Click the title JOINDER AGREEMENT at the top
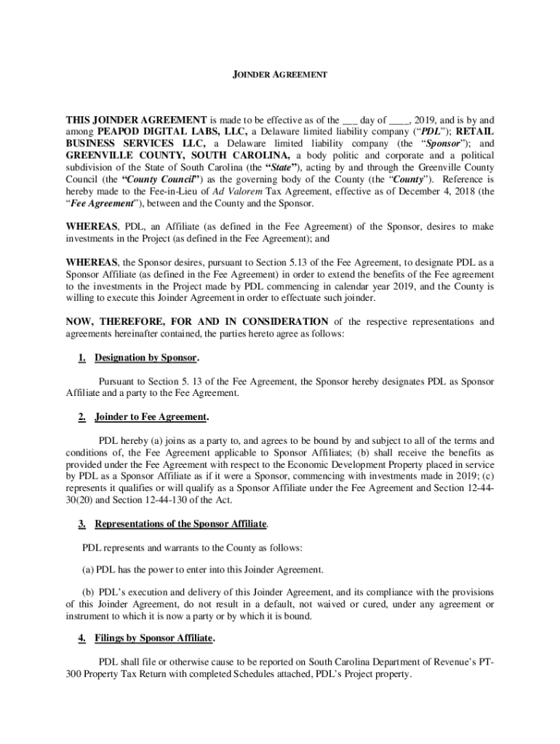click(x=279, y=75)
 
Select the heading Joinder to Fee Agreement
click(x=151, y=417)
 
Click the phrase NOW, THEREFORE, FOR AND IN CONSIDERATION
click(x=197, y=322)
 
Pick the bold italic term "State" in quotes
click(x=271, y=167)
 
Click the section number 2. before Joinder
click(x=82, y=417)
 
